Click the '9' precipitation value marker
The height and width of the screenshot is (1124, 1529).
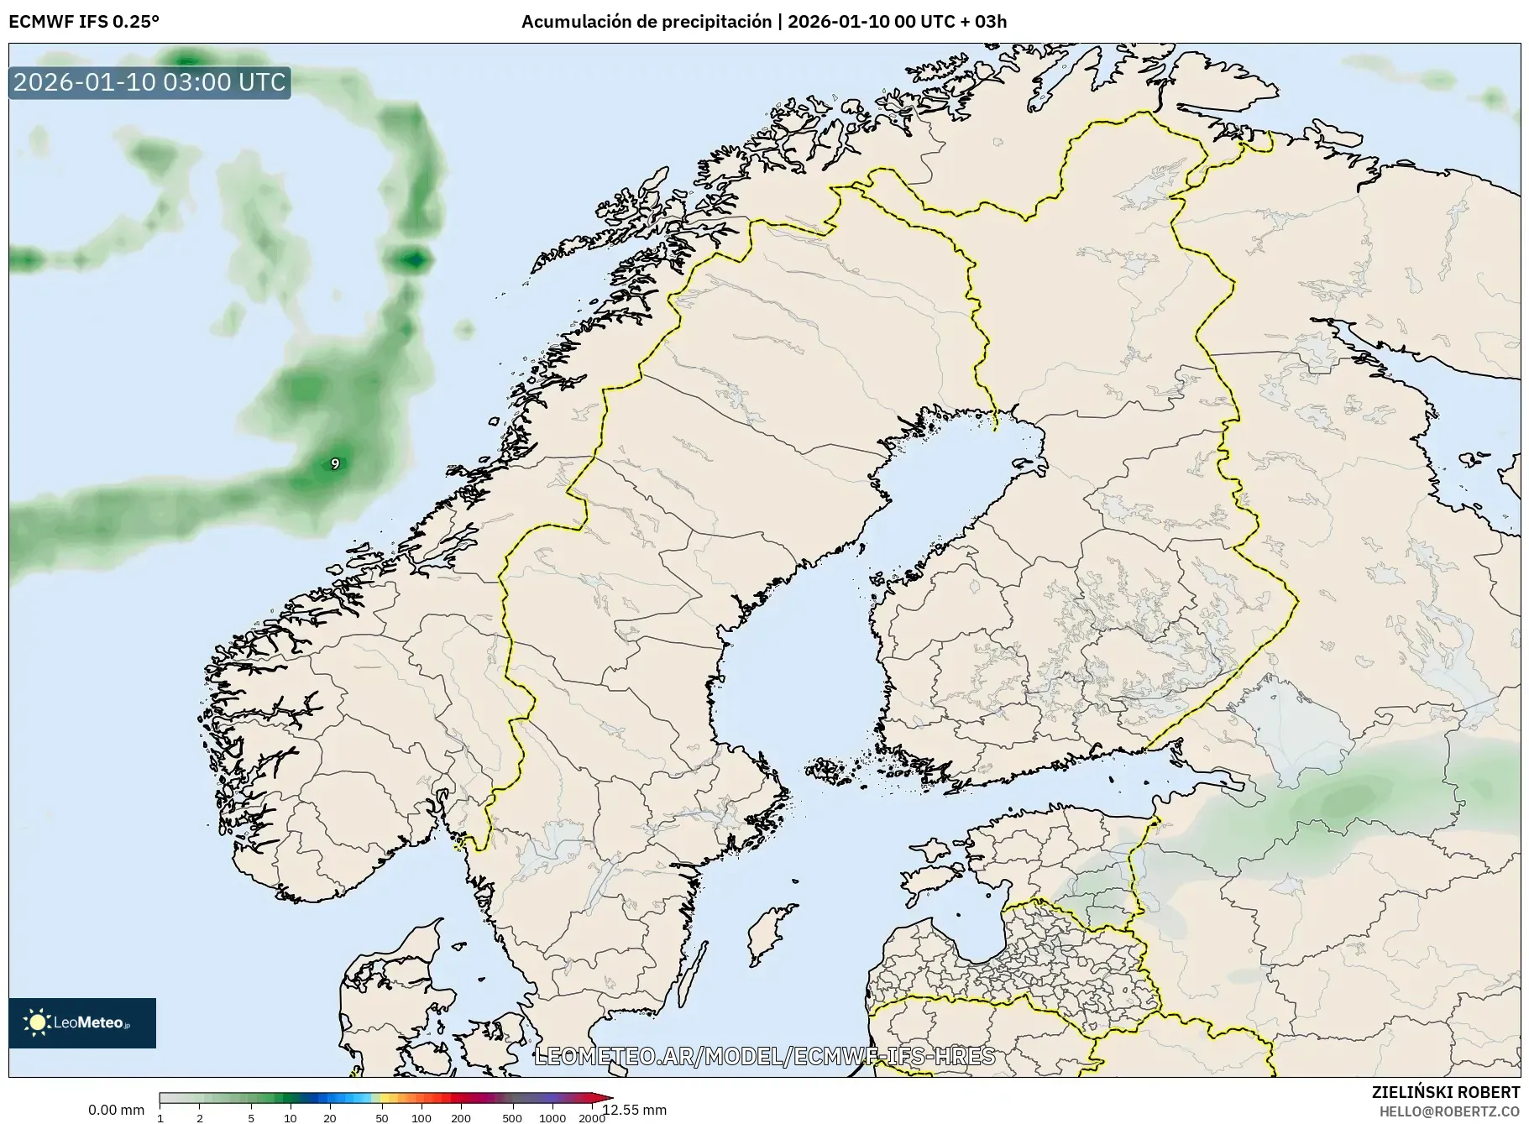(335, 463)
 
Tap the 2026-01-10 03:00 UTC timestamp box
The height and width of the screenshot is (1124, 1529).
(149, 82)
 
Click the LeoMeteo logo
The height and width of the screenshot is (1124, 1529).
(82, 1022)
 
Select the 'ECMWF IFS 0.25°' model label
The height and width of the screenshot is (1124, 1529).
(84, 22)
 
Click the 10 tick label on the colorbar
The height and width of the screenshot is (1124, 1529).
(291, 1118)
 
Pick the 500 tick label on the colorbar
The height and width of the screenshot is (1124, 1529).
(511, 1118)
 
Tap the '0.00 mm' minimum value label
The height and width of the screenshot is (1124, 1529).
(116, 1110)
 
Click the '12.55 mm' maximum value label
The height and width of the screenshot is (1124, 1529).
(635, 1110)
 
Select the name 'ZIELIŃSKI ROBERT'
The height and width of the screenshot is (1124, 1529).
(1445, 1092)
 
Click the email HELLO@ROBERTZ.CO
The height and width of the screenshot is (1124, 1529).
(1449, 1111)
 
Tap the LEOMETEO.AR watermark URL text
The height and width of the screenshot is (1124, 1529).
(764, 1056)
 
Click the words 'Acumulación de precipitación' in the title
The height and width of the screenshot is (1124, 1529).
(646, 22)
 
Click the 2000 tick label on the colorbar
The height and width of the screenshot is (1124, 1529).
(592, 1118)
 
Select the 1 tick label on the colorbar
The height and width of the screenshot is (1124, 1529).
(160, 1118)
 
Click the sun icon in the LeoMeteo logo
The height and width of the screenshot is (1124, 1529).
(37, 1022)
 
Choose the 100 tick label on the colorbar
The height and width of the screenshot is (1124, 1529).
(422, 1118)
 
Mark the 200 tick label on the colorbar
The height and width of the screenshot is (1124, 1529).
(461, 1118)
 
